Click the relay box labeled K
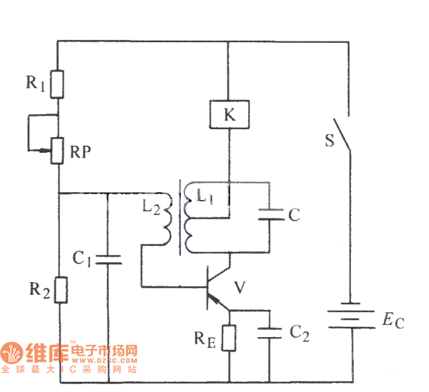(x=229, y=114)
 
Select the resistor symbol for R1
(x=58, y=84)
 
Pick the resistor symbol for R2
(x=58, y=290)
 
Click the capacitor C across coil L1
(x=270, y=213)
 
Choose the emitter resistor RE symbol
(x=229, y=337)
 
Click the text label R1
(x=35, y=83)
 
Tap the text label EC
(x=393, y=320)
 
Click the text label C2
(x=299, y=332)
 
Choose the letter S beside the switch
(x=330, y=140)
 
